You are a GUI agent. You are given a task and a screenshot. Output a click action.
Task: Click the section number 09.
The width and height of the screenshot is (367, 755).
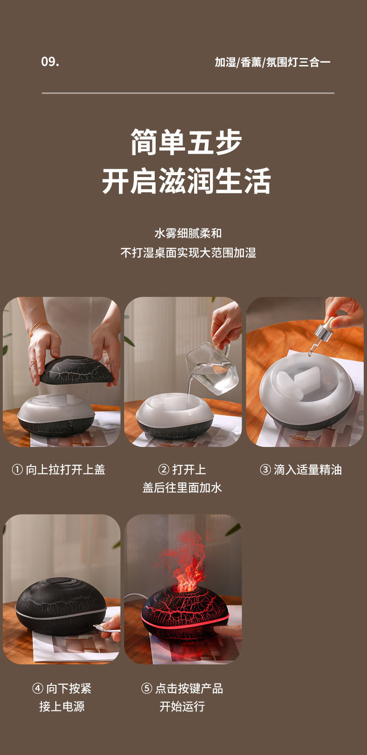pos(50,62)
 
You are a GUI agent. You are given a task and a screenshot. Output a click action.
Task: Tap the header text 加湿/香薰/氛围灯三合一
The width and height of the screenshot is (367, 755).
pos(272,62)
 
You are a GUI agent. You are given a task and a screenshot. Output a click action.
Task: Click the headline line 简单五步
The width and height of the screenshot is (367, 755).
pos(186,142)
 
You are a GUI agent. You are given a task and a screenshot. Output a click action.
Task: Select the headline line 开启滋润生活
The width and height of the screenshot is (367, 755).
pos(186,181)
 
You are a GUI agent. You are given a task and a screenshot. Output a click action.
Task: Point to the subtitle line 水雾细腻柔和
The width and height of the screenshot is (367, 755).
pos(188,233)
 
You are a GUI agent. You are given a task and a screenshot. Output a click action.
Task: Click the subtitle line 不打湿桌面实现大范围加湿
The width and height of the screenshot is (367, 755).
pos(188,253)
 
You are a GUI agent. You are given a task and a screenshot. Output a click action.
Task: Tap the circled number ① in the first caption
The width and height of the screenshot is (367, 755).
pos(17,470)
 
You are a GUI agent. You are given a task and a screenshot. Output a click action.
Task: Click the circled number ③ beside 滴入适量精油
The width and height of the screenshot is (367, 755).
pos(265,470)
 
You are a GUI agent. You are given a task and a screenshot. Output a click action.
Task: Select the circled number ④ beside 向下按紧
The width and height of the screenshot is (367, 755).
pos(38,689)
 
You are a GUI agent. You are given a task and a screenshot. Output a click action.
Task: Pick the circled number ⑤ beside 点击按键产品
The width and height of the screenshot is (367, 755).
pos(146,689)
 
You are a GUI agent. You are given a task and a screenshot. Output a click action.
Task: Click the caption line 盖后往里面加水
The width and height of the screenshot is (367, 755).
pos(182,488)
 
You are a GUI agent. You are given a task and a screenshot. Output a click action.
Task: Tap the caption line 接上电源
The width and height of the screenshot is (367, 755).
pos(62,707)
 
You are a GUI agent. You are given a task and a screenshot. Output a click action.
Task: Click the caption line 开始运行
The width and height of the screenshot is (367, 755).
pos(182,707)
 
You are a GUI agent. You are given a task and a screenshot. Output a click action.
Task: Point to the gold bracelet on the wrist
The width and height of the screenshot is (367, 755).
pos(38,327)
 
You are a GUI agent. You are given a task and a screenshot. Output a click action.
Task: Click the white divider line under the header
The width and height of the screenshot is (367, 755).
pos(188,93)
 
